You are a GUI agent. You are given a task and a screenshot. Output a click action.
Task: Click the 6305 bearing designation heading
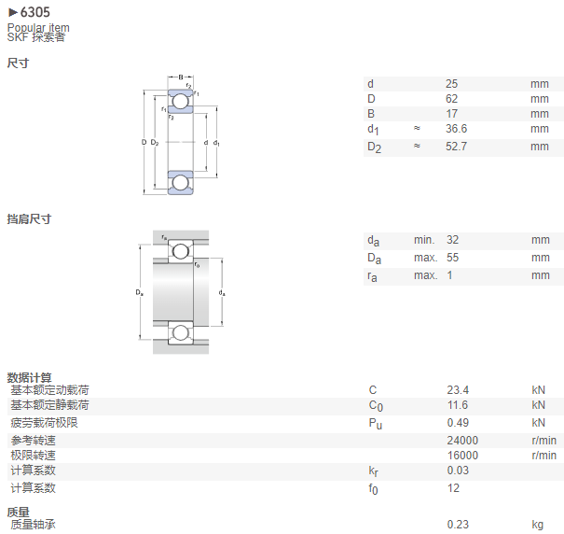[34, 12]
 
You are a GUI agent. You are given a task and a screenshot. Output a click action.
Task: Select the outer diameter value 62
[452, 99]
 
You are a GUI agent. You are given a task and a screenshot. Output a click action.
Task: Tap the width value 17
[452, 114]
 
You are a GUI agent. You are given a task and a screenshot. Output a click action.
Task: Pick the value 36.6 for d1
[456, 129]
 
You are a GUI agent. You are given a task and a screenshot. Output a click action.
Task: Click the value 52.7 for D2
[456, 147]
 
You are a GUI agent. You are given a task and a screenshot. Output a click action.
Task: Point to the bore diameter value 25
[452, 84]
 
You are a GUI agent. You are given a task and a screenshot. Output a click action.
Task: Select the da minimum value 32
[452, 240]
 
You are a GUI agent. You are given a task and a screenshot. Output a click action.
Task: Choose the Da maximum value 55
[452, 258]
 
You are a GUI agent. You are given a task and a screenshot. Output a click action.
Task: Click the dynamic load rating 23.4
[458, 390]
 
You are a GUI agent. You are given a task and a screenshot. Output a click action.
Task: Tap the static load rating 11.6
[458, 405]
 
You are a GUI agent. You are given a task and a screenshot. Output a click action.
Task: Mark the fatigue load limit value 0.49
[458, 423]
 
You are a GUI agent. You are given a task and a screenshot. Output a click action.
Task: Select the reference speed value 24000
[462, 441]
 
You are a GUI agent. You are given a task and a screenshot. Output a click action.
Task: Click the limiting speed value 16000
[462, 456]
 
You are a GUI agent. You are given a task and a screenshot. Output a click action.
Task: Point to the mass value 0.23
[458, 525]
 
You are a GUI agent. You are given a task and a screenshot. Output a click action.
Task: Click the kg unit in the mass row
[538, 525]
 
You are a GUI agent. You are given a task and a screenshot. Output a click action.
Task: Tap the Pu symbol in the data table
[375, 424]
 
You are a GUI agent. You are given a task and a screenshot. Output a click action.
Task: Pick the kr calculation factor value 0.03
[458, 471]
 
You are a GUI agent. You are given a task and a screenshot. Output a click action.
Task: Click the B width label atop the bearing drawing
[181, 77]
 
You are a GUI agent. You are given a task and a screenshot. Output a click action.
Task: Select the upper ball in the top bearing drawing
[181, 101]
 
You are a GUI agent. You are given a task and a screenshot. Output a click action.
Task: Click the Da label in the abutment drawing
[140, 292]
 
